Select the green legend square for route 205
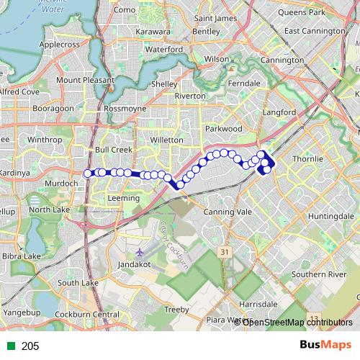click(9, 346)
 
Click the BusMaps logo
click(325, 346)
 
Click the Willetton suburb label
click(168, 140)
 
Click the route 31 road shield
click(225, 252)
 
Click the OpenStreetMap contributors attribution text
click(297, 323)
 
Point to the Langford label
click(280, 112)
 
